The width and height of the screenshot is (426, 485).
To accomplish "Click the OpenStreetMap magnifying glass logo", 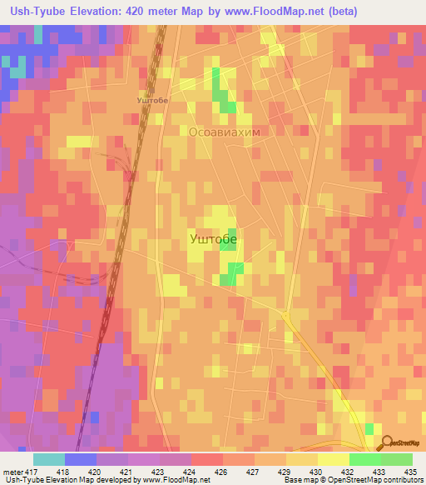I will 388,443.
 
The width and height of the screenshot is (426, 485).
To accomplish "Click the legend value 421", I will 113,472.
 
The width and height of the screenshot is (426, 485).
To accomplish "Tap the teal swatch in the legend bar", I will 49,459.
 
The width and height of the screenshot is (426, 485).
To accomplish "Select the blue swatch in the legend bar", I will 81,459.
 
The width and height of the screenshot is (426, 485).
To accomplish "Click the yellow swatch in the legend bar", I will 334,459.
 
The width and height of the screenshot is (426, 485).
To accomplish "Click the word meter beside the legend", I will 10,472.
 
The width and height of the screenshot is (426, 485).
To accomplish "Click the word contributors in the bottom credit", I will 403,480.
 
